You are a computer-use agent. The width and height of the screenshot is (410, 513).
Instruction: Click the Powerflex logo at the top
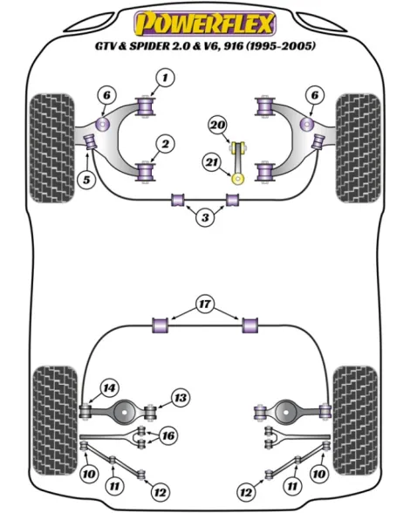(205, 24)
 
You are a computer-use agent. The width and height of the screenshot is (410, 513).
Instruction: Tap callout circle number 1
(165, 78)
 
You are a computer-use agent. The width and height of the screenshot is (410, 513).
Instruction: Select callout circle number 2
(165, 144)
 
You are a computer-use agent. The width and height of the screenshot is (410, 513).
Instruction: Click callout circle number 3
(205, 217)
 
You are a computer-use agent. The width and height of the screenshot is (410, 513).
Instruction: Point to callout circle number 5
(86, 180)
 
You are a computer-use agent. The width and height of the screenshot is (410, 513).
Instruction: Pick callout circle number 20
(218, 125)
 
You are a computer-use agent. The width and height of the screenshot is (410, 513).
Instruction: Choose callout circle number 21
(212, 162)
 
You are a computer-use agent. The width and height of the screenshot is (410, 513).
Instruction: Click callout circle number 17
(205, 304)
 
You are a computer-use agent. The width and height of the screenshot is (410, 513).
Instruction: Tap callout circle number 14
(109, 388)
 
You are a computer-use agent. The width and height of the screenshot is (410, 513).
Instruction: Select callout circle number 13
(180, 398)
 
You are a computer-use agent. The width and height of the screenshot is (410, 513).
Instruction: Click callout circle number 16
(168, 436)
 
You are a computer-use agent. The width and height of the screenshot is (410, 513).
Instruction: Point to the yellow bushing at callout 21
(238, 178)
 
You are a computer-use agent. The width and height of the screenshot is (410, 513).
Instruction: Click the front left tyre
(51, 148)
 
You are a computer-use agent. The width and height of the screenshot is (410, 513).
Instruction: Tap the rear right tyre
(356, 421)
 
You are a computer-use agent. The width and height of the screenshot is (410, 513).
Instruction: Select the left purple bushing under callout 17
(161, 325)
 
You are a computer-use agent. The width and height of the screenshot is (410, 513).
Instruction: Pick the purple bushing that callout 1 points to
(146, 106)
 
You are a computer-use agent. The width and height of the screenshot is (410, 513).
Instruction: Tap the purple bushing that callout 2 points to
(146, 171)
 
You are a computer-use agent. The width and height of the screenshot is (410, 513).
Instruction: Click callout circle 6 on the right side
(314, 95)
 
